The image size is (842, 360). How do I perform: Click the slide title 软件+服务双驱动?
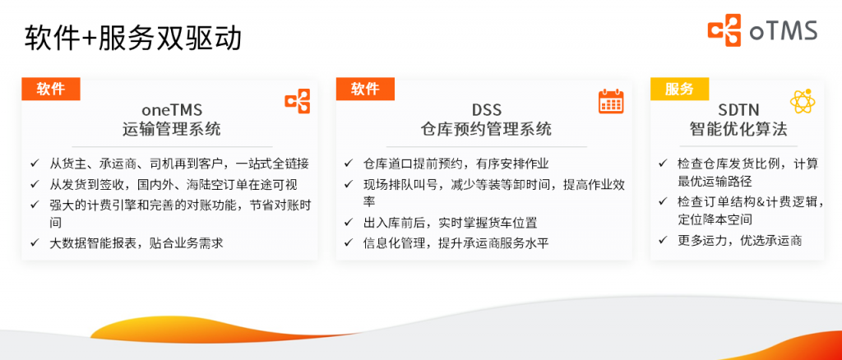coord(132,38)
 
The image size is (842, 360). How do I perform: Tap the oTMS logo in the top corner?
coord(761,31)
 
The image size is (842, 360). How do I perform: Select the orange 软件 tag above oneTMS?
coord(51,89)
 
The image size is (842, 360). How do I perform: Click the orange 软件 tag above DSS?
coord(365,89)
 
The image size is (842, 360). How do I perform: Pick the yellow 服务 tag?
coord(679,89)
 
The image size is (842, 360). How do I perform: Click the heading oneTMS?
coord(171,109)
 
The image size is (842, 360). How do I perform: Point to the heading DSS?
coord(486,109)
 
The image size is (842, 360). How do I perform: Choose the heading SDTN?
coord(738,109)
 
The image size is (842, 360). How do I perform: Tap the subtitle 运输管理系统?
coord(171,129)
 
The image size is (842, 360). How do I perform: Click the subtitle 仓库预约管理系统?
coord(486,129)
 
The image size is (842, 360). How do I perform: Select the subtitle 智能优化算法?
coord(738,129)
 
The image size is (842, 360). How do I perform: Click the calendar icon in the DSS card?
coord(610,101)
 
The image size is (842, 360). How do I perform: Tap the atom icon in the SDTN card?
coord(802,101)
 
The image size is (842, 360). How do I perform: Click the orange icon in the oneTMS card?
coord(297,101)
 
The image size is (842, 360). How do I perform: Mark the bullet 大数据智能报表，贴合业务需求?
coord(136,242)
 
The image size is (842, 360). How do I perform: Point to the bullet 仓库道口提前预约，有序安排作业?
coord(456,163)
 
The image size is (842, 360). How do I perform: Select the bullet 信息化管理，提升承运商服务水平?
coord(456,242)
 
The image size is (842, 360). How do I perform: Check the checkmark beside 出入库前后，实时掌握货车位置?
coord(348,223)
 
